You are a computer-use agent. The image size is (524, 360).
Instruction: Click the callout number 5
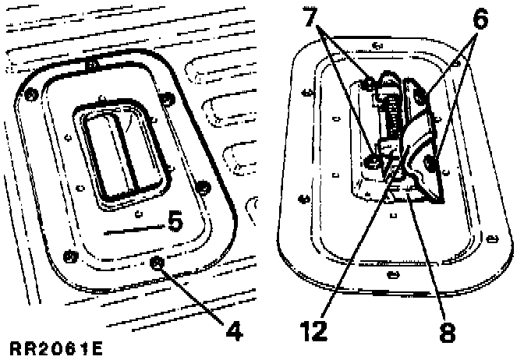[175, 222]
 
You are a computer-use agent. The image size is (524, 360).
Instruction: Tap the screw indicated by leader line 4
[159, 262]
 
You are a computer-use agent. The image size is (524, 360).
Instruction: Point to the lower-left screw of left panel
[69, 255]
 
